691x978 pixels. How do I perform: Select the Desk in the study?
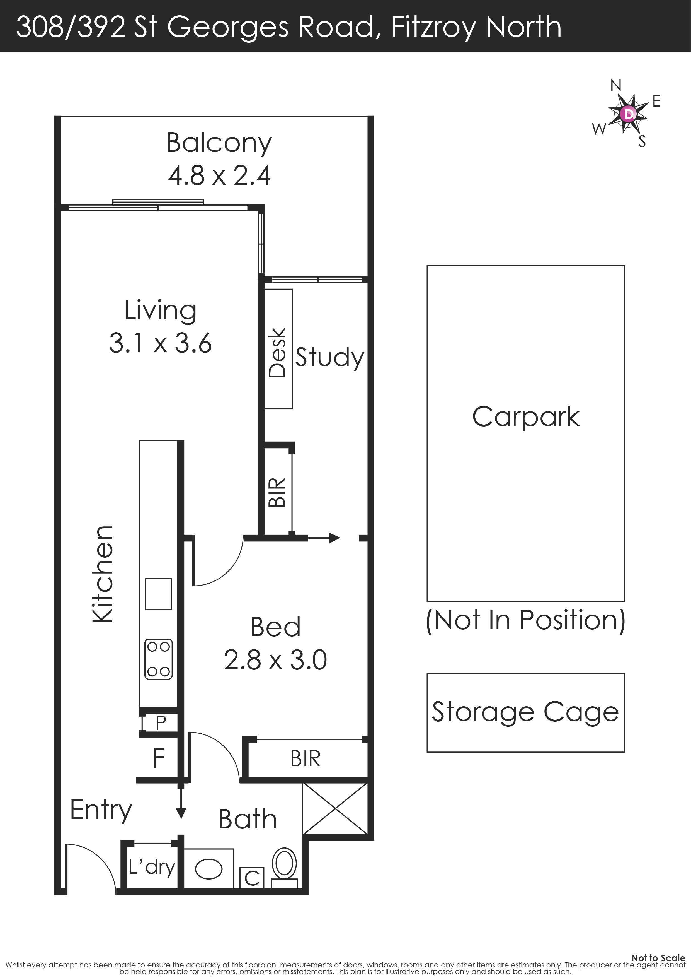point(278,349)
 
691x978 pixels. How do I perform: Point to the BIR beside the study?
point(278,492)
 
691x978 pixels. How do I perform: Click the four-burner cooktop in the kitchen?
point(159,659)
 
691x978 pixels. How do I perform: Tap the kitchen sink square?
point(158,594)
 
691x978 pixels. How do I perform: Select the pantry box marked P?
point(160,722)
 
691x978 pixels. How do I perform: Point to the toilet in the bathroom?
point(284,868)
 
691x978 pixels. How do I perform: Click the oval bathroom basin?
point(208,869)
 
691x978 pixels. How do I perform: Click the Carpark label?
point(526,417)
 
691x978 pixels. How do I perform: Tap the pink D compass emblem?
point(628,113)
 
